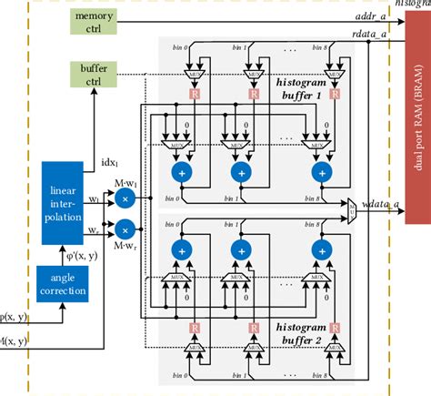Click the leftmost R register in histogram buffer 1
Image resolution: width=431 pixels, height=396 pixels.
pyautogui.click(x=193, y=93)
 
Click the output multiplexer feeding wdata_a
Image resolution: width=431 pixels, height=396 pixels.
pyautogui.click(x=352, y=207)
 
